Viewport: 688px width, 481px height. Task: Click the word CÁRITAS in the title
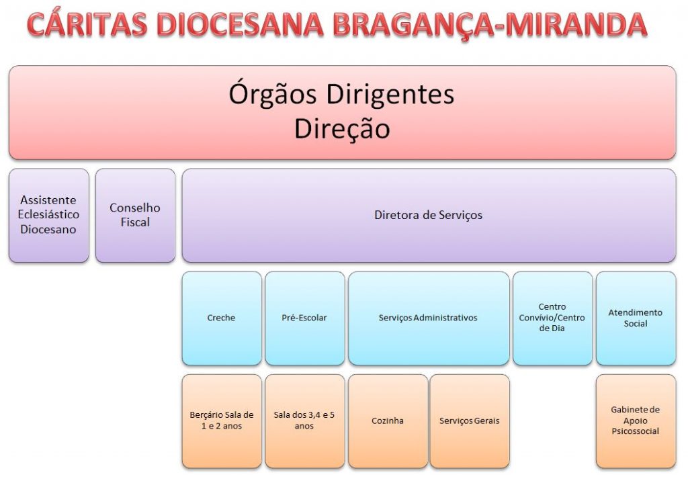coord(87,24)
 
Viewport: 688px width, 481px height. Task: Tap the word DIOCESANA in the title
coord(240,24)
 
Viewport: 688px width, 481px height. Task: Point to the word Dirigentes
coord(390,93)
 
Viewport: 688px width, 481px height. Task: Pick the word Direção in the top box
coord(342,128)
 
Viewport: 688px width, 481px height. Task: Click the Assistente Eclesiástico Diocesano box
coord(48,216)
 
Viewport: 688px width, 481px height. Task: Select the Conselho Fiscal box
coord(135,216)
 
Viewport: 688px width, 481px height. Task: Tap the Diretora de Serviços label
coord(428,215)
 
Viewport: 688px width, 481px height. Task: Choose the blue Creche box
coord(222,318)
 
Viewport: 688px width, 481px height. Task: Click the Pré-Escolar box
coord(304,318)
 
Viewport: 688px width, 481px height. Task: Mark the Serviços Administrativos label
coord(428,318)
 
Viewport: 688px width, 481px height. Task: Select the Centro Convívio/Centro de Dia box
coord(552,318)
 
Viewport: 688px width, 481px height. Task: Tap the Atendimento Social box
coord(636,318)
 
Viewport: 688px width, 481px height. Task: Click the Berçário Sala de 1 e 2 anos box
coord(222,421)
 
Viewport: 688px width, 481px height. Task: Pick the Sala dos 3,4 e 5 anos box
coord(304,421)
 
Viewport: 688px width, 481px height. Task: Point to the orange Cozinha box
coord(388,421)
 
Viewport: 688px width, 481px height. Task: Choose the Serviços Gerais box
coord(470,421)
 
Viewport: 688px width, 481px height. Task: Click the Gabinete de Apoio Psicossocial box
coord(636,421)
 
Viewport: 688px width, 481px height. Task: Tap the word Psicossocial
coord(636,431)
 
